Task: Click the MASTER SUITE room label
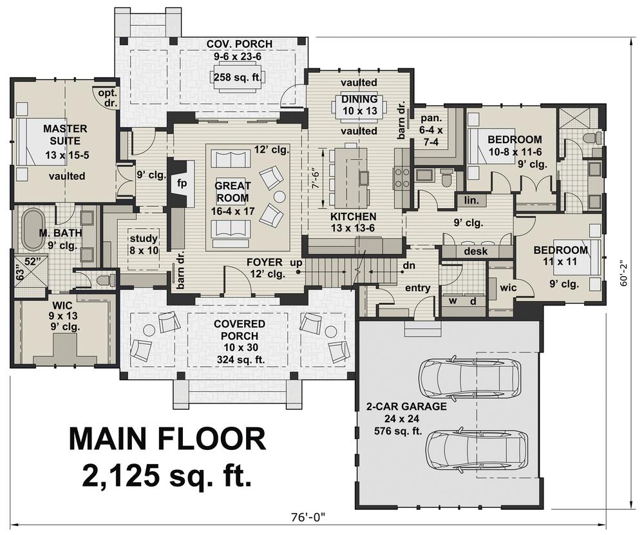65,135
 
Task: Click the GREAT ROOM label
232,191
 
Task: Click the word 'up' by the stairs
296,262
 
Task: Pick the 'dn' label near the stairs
409,266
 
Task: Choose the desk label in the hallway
476,251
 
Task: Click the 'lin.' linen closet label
471,200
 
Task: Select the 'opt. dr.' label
108,98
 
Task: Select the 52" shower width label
30,261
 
